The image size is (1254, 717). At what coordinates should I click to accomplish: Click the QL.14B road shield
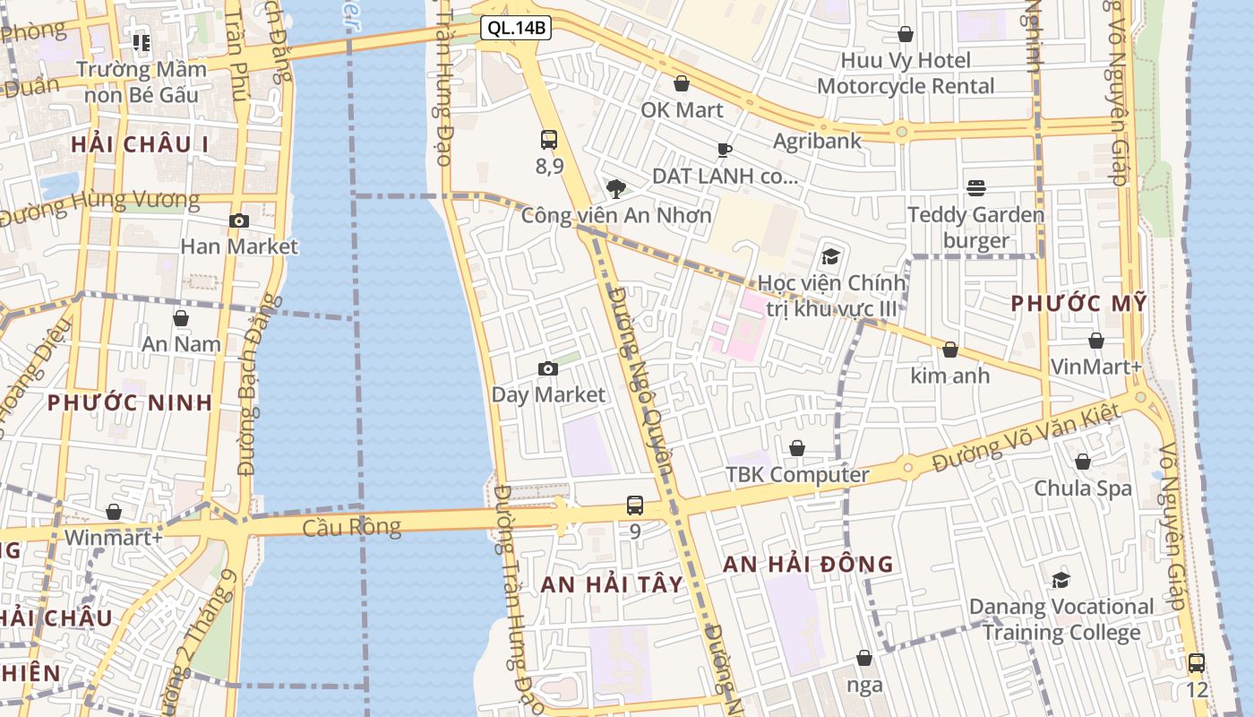point(515,28)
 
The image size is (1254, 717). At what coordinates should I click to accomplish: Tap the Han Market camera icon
point(239,220)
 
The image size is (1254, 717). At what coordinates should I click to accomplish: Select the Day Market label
point(548,394)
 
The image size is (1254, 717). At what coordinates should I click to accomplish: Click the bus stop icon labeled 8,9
point(549,140)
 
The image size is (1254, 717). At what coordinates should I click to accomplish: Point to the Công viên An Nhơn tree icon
point(615,188)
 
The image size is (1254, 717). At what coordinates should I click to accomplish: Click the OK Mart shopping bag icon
point(682,83)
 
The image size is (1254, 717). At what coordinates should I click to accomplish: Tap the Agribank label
point(817,141)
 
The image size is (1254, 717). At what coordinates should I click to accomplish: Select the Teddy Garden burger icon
point(975,188)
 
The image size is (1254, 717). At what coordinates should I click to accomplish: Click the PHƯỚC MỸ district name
point(1078,304)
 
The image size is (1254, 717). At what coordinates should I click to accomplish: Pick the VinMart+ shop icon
point(1095,341)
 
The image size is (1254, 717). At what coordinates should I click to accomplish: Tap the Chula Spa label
point(1083,488)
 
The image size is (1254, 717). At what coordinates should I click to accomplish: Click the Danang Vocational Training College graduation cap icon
point(1061,580)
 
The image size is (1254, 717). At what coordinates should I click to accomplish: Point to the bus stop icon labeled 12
point(1196,663)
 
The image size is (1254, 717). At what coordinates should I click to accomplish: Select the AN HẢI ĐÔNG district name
point(808,564)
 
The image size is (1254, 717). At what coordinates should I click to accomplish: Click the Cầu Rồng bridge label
point(351,527)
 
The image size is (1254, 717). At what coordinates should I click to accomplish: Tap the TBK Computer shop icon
point(796,448)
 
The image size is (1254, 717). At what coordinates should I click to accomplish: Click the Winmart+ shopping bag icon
point(114,512)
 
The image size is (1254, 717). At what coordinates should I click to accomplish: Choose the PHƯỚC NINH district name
point(130,402)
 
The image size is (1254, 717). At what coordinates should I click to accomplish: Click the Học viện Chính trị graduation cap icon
point(830,257)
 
